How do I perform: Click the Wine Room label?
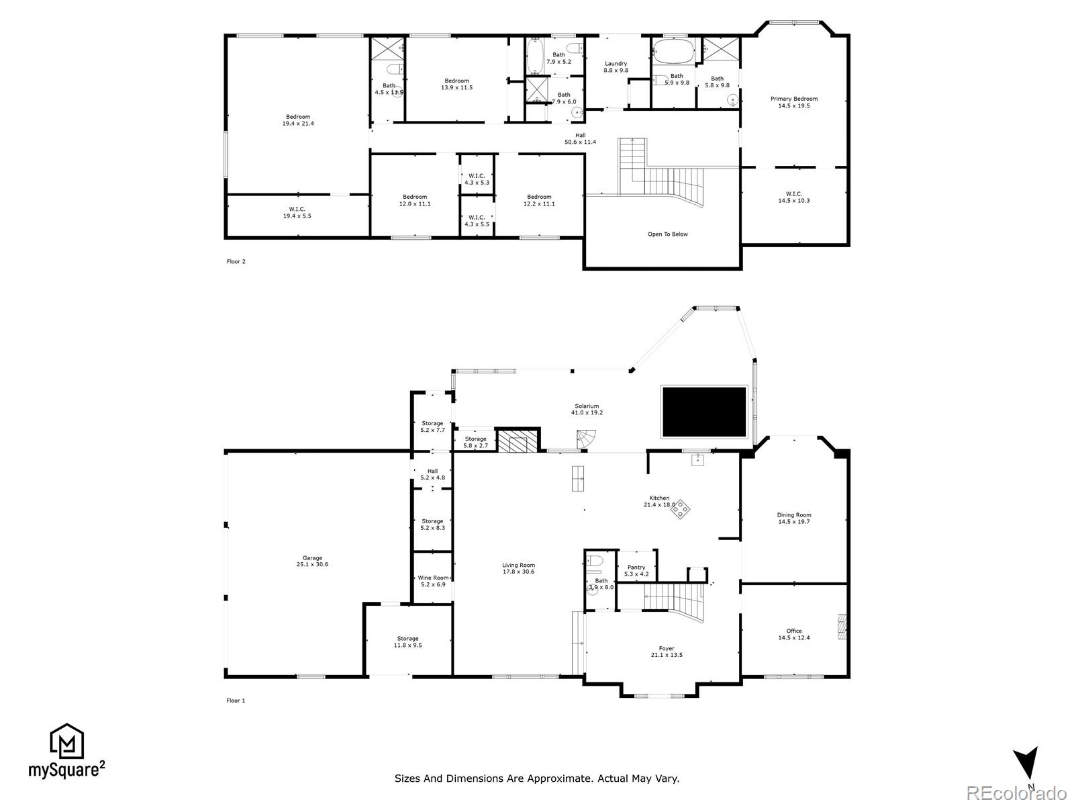coord(432,578)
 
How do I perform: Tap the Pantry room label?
coord(636,568)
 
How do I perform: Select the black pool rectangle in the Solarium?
coord(704,412)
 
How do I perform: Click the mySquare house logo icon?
coord(67,742)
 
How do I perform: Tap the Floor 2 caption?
coord(236,261)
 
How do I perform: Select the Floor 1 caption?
coord(236,701)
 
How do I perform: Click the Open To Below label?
coord(667,234)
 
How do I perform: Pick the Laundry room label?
coord(616,64)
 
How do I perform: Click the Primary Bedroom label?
coord(794,99)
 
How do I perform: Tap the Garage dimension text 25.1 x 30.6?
coord(312,565)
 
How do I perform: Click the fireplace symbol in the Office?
coord(842,628)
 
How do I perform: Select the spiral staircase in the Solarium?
coord(587,440)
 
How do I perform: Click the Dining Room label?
coord(794,515)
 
